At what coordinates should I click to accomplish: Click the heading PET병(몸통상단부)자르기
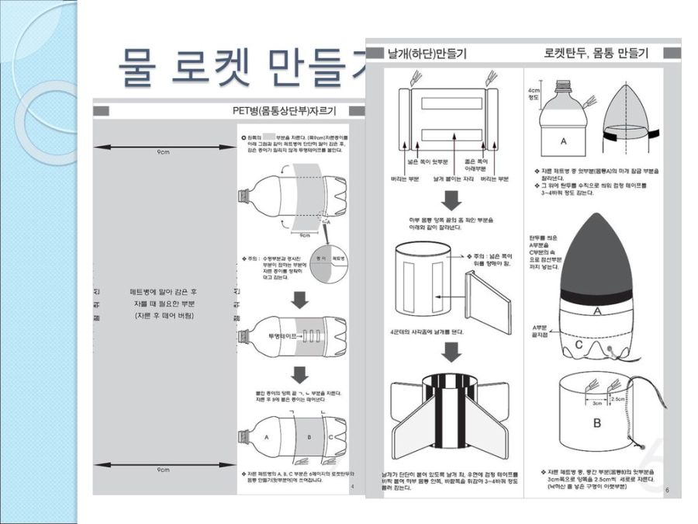[x=290, y=110]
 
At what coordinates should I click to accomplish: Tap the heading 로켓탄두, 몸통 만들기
[x=596, y=54]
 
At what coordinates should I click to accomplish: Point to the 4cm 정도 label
[x=534, y=93]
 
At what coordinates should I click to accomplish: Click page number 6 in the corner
[x=666, y=489]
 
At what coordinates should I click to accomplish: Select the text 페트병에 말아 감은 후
[x=163, y=293]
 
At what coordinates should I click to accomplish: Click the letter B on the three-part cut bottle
[x=308, y=436]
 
